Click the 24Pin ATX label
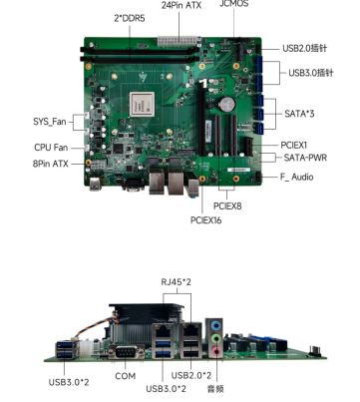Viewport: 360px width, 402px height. tap(181, 6)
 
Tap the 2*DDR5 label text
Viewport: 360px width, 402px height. tap(130, 18)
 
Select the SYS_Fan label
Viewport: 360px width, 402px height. tap(50, 122)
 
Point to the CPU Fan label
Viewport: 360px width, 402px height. tap(51, 148)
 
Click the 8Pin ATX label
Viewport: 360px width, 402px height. tap(50, 164)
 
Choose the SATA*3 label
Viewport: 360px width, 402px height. tap(299, 114)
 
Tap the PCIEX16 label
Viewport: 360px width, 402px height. tap(205, 220)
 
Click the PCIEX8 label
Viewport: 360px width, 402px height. tap(227, 206)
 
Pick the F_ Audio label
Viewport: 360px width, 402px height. tap(296, 177)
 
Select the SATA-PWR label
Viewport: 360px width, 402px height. tap(305, 158)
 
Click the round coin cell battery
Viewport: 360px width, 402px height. tap(228, 104)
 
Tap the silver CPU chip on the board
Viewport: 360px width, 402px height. tap(142, 104)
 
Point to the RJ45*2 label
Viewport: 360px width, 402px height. tap(177, 282)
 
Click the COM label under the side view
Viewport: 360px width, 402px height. tap(126, 376)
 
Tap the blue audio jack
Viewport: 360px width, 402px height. tap(216, 325)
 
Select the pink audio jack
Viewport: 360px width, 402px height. tap(216, 351)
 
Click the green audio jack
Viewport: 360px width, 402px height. tap(216, 338)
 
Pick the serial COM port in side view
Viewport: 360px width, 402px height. tap(126, 352)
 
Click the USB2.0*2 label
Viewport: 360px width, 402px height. tap(191, 375)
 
